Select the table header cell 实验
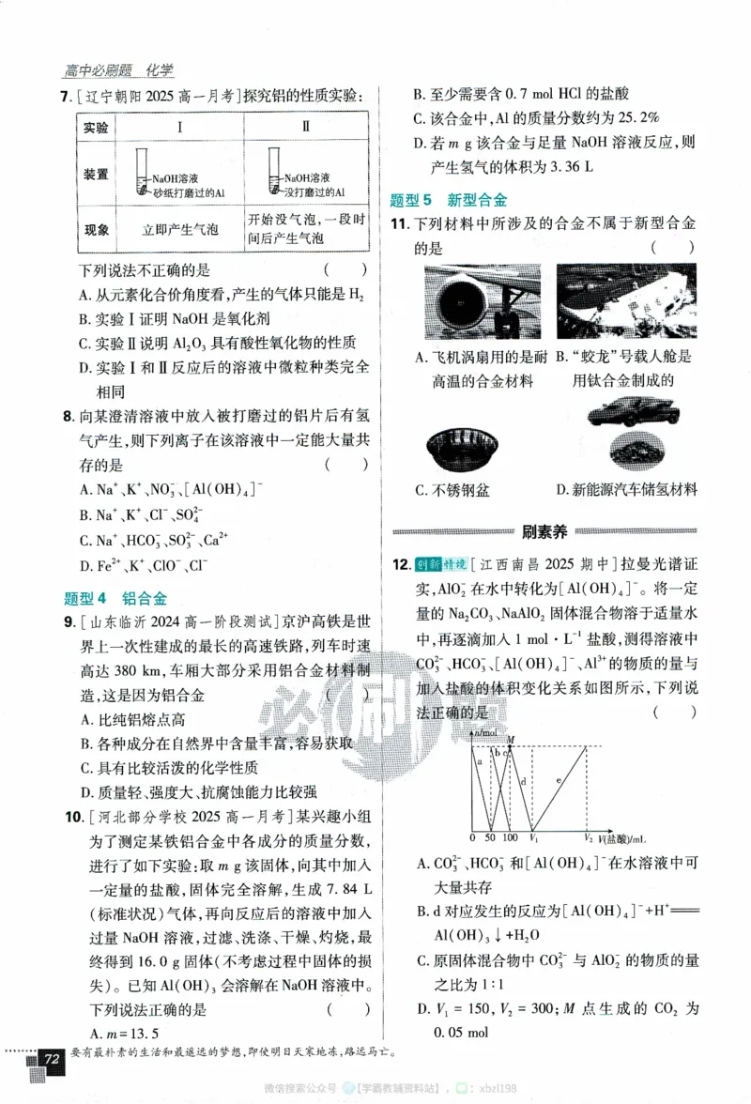pos(96,128)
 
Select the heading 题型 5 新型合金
pos(448,200)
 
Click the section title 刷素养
pos(544,532)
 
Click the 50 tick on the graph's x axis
pos(490,836)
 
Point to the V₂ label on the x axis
pos(588,836)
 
